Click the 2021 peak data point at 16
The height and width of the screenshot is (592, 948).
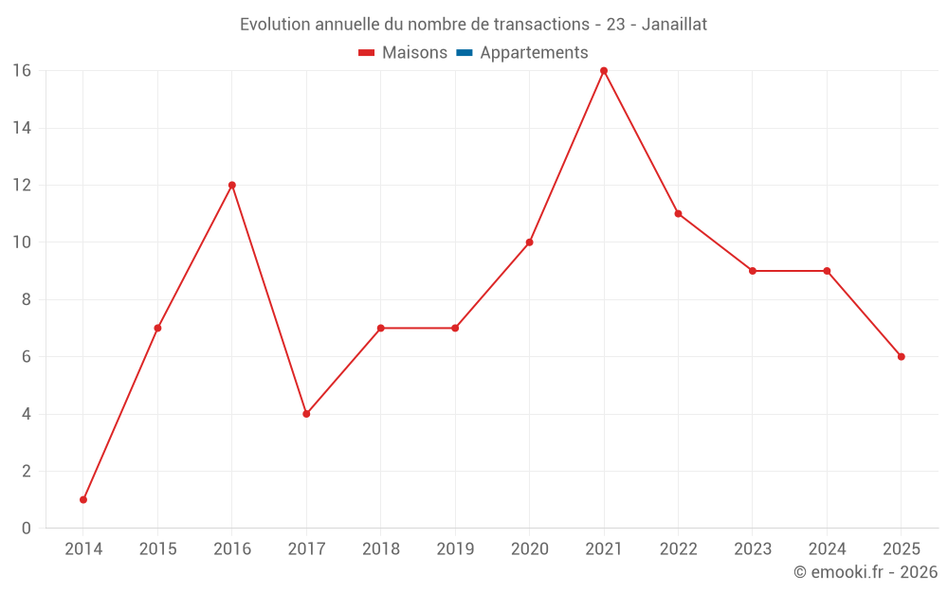(604, 71)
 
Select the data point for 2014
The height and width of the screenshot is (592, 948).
(83, 499)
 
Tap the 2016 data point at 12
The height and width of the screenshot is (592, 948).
(232, 185)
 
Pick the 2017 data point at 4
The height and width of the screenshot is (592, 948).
(306, 414)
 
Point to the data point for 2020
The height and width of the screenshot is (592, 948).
(529, 242)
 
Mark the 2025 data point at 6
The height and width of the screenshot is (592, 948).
(901, 356)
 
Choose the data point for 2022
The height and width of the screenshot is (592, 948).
(678, 213)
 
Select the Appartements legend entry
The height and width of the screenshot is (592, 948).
(534, 53)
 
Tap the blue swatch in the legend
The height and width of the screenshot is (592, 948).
(464, 53)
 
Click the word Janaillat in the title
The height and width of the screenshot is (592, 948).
(674, 25)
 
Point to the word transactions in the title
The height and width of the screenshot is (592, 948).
(537, 25)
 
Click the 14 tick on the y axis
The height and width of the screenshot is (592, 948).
(21, 128)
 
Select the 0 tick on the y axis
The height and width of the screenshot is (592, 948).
(26, 528)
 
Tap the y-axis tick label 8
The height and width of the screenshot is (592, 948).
(26, 299)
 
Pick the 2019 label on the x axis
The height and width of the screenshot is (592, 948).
(455, 549)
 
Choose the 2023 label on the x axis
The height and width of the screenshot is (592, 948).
(753, 549)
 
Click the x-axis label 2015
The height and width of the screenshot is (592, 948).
(157, 549)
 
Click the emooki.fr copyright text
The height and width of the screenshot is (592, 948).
(865, 572)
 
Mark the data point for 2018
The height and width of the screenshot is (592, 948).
(380, 328)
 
